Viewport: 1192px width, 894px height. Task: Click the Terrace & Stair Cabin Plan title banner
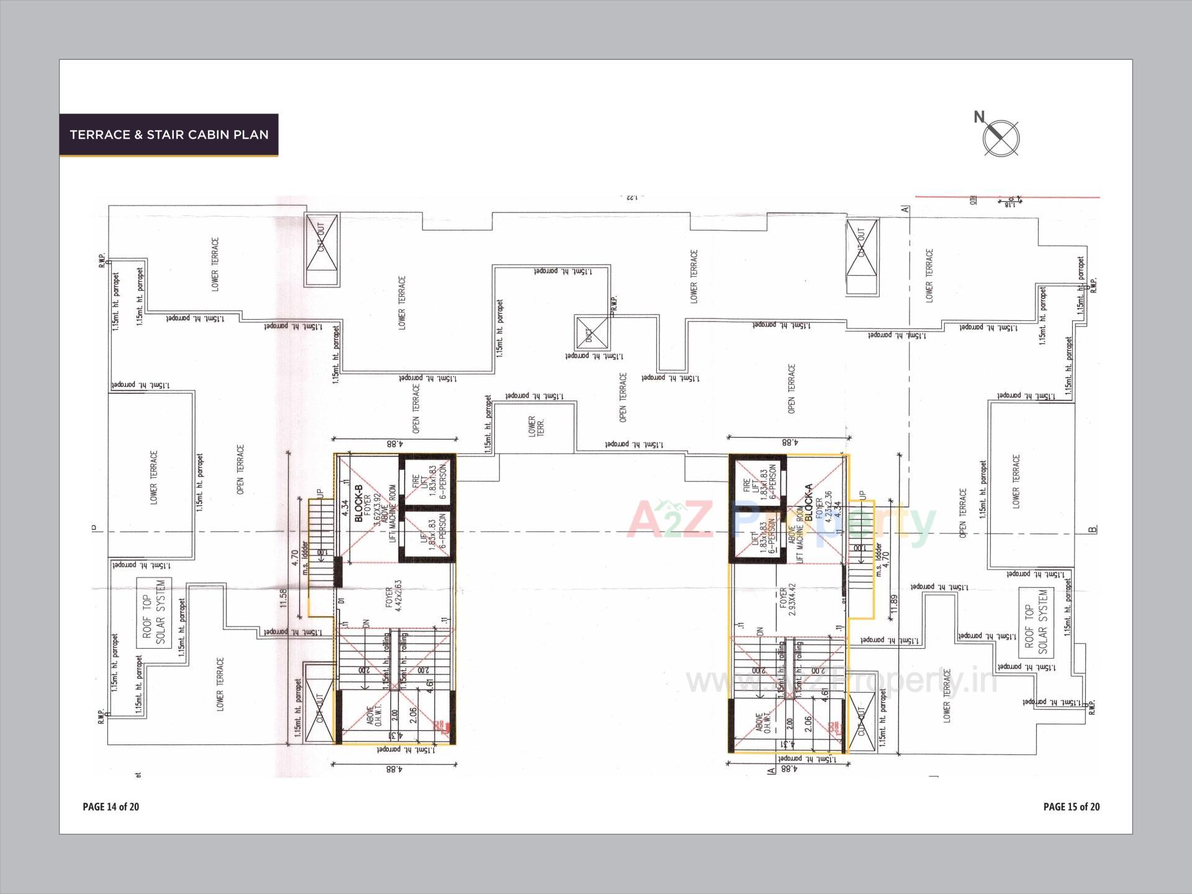coord(169,135)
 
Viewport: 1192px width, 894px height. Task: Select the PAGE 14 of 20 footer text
coord(111,806)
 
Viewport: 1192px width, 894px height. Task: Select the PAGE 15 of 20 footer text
coord(1072,806)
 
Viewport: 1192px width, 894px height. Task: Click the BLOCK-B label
coord(358,503)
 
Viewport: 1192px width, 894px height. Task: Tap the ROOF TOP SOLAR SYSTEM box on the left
coord(153,613)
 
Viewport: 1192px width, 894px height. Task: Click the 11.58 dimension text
coord(284,598)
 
